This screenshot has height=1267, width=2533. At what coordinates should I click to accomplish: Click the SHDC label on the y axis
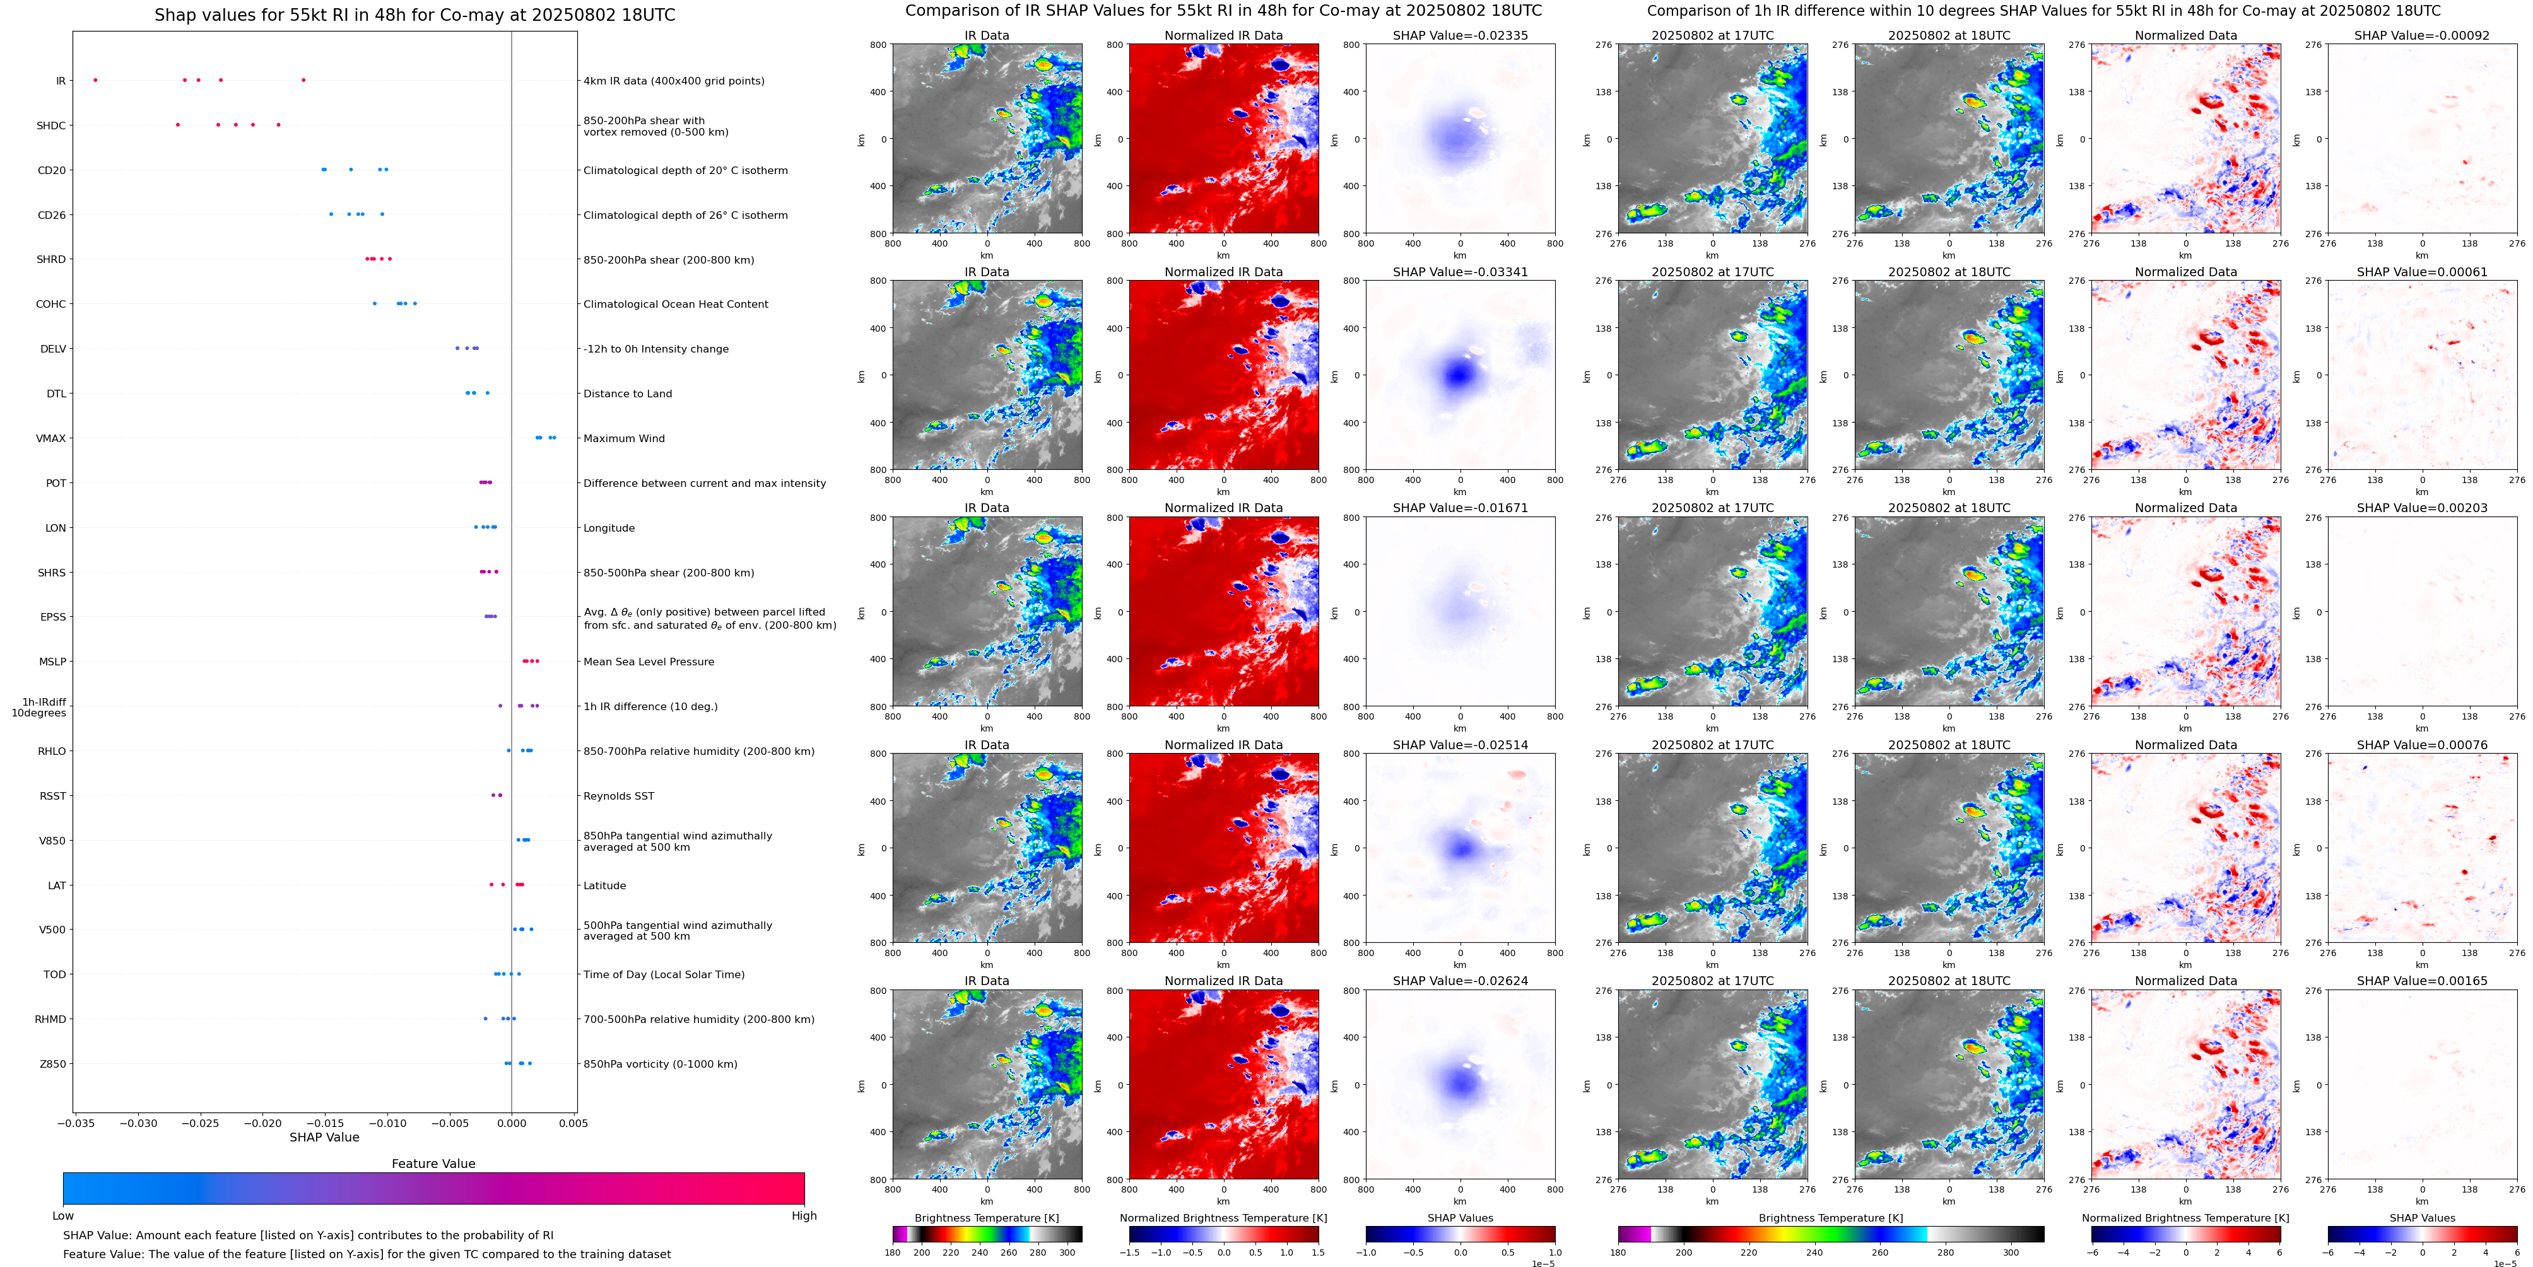pos(51,126)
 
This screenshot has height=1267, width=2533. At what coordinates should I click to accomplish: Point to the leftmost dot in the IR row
pos(95,79)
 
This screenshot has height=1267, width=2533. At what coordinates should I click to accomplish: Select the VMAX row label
pos(51,438)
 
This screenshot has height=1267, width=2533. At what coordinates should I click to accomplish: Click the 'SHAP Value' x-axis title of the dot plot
pos(324,1137)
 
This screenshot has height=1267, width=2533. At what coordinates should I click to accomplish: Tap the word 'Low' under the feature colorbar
pos(63,1216)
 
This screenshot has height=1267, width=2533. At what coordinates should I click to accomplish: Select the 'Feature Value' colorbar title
pos(433,1164)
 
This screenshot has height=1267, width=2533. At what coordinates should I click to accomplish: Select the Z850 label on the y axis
pos(53,1063)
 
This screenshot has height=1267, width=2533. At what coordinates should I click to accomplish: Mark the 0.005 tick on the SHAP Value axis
pos(573,1123)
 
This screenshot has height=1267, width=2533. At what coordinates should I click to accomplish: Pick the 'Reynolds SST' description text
pos(618,796)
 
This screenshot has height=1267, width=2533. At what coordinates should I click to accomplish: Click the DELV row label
pos(53,349)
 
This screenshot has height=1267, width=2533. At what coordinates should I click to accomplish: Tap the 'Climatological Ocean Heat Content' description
pos(676,305)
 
